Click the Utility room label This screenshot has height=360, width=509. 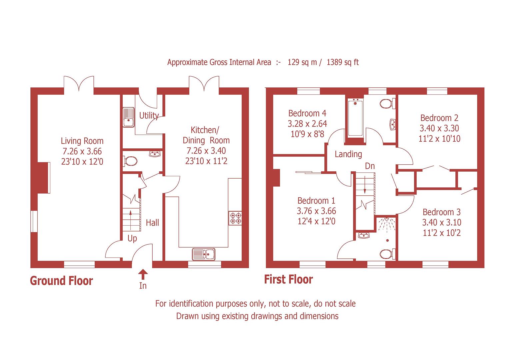pyautogui.click(x=148, y=115)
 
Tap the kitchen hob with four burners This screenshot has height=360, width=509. pyautogui.click(x=235, y=218)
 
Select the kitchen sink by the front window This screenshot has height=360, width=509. pyautogui.click(x=204, y=254)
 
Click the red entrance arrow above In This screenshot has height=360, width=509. pyautogui.click(x=143, y=274)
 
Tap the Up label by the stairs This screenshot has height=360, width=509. pyautogui.click(x=132, y=239)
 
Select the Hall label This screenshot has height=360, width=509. pyautogui.click(x=152, y=223)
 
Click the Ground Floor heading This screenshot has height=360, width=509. pyautogui.click(x=61, y=281)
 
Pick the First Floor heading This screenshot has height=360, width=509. pyautogui.click(x=288, y=279)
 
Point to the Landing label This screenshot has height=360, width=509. pyautogui.click(x=348, y=154)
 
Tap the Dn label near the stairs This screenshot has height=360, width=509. pyautogui.click(x=370, y=166)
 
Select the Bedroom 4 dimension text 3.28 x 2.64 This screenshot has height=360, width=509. pyautogui.click(x=307, y=124)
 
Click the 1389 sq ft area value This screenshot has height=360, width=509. pyautogui.click(x=343, y=62)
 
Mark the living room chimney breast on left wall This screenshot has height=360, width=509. pyautogui.click(x=43, y=177)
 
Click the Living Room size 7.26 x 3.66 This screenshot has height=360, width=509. pyautogui.click(x=82, y=151)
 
